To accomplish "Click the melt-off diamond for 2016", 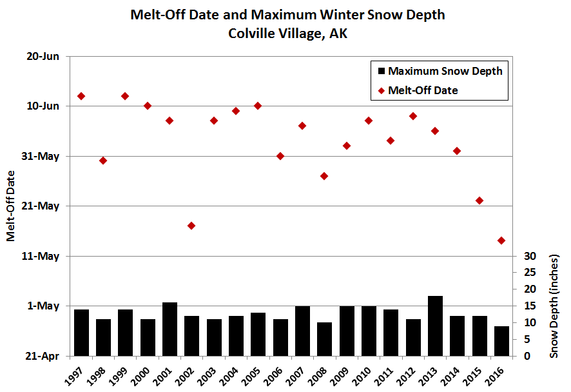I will (x=501, y=240).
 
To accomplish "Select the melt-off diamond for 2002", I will (x=191, y=226).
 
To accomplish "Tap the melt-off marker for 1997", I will (x=81, y=96).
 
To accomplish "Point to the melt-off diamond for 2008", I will (x=324, y=176).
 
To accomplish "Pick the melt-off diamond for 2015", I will (x=479, y=201).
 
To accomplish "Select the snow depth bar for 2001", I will (x=169, y=329).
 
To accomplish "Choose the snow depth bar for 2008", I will (x=324, y=339).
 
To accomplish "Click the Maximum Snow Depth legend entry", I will (x=438, y=71).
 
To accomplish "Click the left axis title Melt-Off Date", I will (x=11, y=207).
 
